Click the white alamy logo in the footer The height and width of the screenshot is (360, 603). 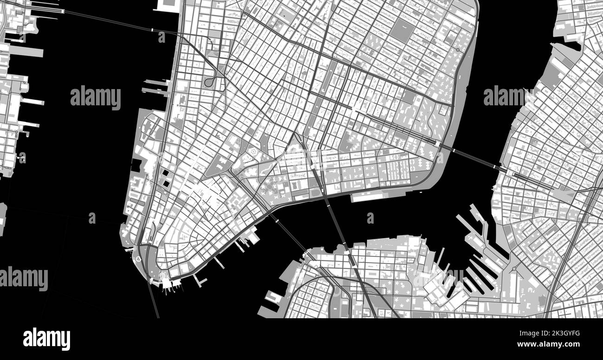(x=46, y=339)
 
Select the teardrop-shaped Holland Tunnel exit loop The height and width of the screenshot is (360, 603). (x=210, y=82)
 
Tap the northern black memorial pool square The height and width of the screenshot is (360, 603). (x=166, y=174)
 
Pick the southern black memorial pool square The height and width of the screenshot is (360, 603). (x=166, y=184)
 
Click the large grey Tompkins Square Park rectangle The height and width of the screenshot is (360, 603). (x=402, y=31)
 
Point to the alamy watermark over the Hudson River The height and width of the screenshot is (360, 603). (x=95, y=97)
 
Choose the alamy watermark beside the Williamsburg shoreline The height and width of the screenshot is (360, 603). (x=508, y=96)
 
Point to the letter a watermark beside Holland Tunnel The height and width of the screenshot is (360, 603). (x=161, y=37)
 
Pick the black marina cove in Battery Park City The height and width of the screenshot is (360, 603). (x=136, y=165)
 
